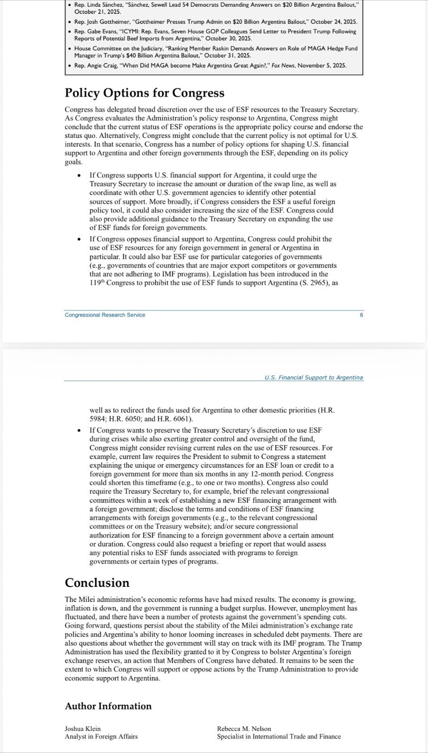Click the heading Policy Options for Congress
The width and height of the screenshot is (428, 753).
(x=144, y=93)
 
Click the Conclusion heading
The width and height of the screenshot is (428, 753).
(x=97, y=583)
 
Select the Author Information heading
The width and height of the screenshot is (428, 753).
(x=108, y=706)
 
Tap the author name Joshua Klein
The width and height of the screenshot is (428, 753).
(x=82, y=729)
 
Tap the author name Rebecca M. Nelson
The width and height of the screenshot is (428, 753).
(x=244, y=729)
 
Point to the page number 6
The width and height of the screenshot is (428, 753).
(x=361, y=315)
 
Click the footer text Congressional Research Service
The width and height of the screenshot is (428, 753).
(x=105, y=315)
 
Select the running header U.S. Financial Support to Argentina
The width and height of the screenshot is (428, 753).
(x=314, y=377)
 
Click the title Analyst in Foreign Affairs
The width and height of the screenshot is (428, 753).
(x=101, y=737)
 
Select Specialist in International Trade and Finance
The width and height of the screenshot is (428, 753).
(x=278, y=737)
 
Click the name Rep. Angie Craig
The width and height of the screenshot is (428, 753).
(x=95, y=65)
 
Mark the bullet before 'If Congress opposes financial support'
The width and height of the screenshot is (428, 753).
(x=79, y=239)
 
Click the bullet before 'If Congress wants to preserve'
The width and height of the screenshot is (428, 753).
(x=79, y=430)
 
